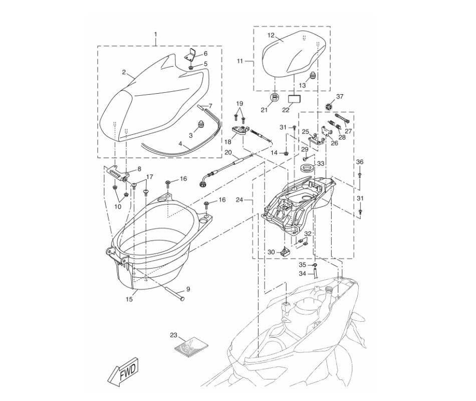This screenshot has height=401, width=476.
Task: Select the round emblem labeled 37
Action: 342,106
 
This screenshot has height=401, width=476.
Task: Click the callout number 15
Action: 129,300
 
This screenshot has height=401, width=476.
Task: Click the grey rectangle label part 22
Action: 296,97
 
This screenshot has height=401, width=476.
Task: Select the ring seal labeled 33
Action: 306,166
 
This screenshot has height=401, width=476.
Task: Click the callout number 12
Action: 271,36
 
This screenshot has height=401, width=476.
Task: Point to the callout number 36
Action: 359,162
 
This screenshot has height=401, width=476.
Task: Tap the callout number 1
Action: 155,35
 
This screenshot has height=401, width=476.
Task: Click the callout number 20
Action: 228,152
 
